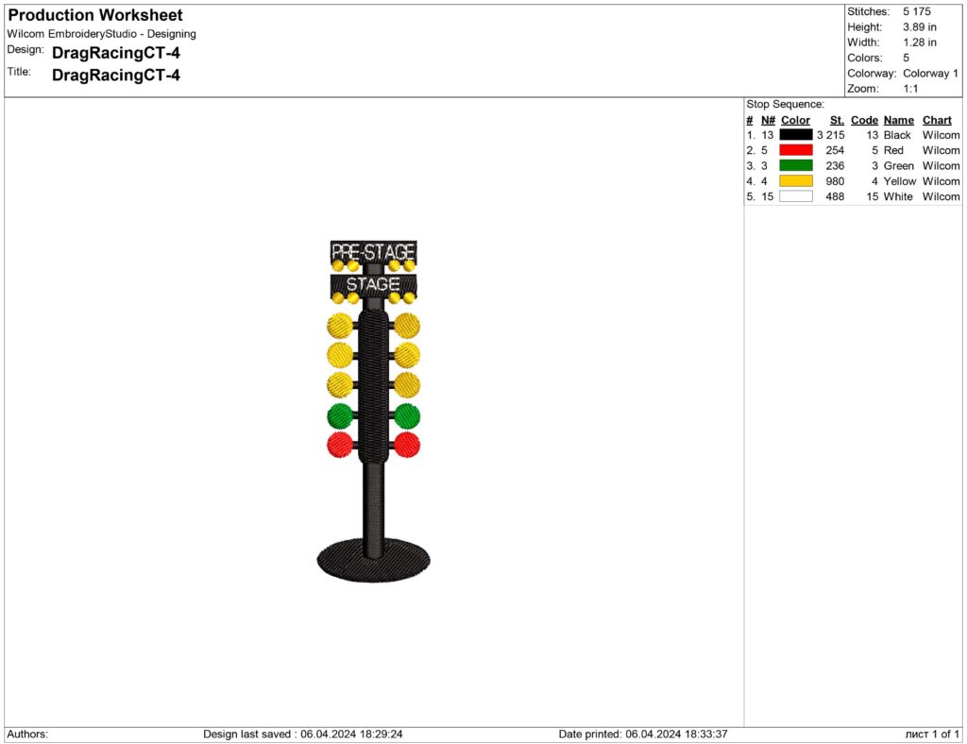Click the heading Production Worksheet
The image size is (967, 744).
point(95,15)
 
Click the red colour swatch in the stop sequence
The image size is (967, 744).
point(795,150)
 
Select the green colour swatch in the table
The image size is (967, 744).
point(795,166)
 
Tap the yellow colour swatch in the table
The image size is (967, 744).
point(795,181)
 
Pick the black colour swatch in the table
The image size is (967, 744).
point(795,135)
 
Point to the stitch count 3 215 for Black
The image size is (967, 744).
point(831,135)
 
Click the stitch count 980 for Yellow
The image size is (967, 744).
point(835,181)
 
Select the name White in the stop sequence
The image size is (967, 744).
point(898,196)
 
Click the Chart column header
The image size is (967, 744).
point(937,120)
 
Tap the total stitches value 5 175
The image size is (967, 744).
point(917,11)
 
